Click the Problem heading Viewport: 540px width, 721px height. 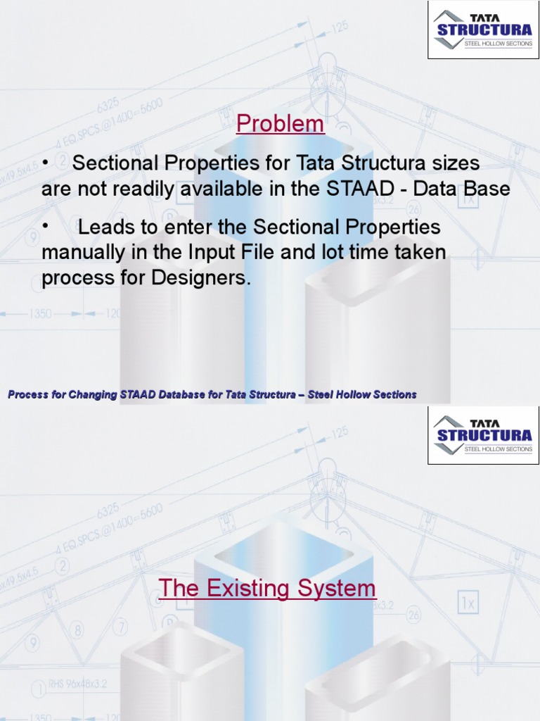(x=281, y=124)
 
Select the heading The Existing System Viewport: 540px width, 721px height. (x=267, y=588)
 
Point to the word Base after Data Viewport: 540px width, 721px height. (x=484, y=189)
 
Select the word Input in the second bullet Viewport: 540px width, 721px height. (x=212, y=252)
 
